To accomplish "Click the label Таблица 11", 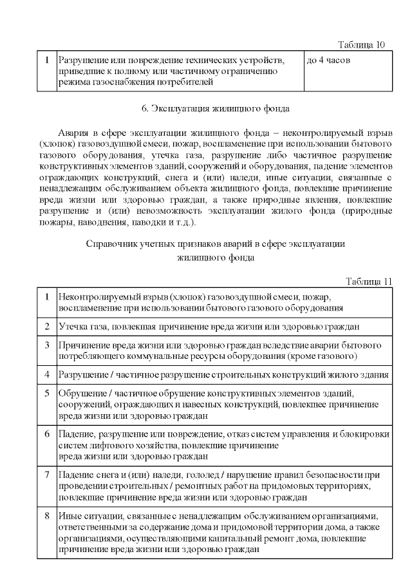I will click(369, 282).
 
